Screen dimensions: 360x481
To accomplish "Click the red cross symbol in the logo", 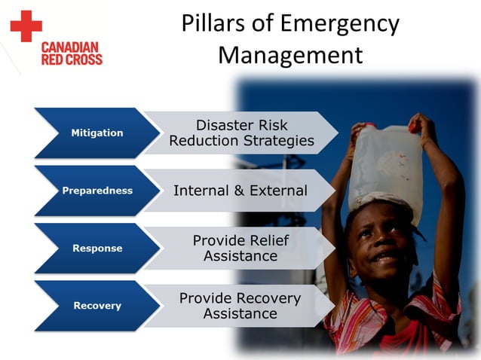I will pos(26,26).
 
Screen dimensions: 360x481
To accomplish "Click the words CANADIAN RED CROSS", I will pos(72,53).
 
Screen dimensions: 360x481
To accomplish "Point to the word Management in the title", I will pos(290,55).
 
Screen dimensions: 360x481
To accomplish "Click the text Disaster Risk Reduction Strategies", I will pos(241,133).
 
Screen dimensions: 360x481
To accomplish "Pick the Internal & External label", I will pos(240,191).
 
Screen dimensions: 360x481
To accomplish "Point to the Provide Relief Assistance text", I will pos(240,248).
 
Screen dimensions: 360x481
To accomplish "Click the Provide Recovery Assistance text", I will pos(240,306).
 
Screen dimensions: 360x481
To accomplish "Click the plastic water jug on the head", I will pos(385,161).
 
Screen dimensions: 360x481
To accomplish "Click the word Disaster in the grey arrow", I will pos(223,125).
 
